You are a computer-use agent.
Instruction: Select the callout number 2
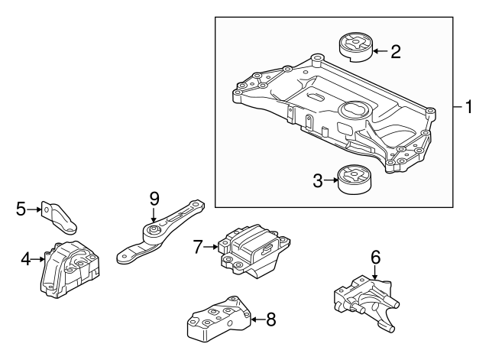(395, 52)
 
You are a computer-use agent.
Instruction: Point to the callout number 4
(26, 260)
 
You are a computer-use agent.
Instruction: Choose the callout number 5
(21, 208)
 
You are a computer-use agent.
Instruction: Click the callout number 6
(375, 258)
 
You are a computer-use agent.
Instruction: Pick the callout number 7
(198, 246)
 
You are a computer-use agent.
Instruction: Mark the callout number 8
(270, 320)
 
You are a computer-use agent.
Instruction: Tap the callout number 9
(154, 198)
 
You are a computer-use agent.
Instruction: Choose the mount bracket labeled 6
(367, 303)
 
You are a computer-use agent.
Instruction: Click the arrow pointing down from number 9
(154, 215)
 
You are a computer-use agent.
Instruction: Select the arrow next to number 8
(255, 320)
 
